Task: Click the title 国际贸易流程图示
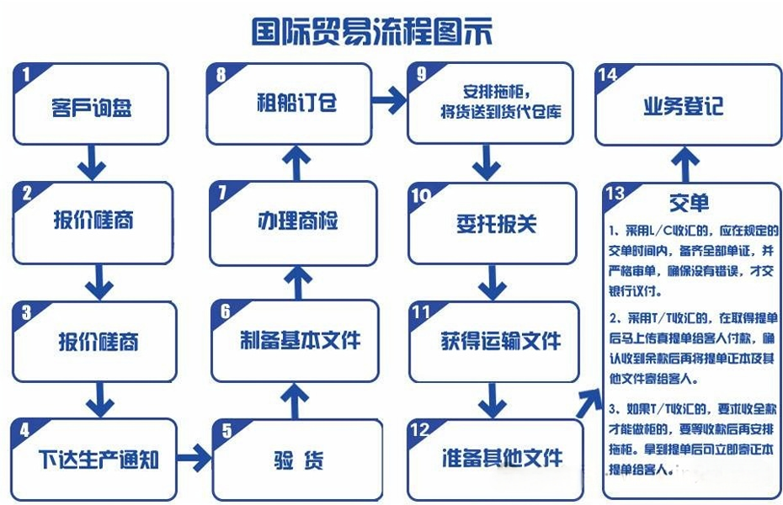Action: click(x=372, y=31)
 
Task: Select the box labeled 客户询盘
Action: click(x=91, y=104)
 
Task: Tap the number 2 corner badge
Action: click(x=26, y=194)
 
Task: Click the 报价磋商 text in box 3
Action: click(x=99, y=342)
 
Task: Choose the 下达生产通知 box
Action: click(x=94, y=460)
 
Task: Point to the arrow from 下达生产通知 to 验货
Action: click(x=194, y=458)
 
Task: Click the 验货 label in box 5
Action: click(x=299, y=460)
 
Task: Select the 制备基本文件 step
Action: click(x=296, y=341)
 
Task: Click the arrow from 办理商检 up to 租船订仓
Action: click(x=296, y=163)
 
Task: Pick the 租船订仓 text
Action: click(x=297, y=103)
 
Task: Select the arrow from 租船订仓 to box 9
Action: click(x=390, y=100)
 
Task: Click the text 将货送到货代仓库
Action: click(x=500, y=111)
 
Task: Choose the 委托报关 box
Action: click(x=493, y=224)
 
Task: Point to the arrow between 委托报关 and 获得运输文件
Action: click(x=493, y=283)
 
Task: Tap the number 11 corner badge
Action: click(x=421, y=312)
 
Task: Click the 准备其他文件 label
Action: click(x=502, y=458)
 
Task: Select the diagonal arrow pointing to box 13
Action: click(x=589, y=403)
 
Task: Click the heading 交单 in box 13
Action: click(x=689, y=202)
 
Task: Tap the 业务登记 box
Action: click(x=688, y=105)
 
